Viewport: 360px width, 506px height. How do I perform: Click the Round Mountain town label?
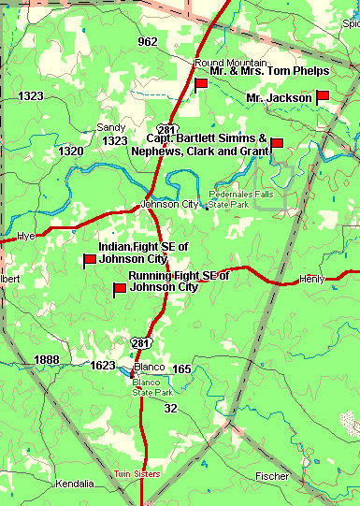click(220, 63)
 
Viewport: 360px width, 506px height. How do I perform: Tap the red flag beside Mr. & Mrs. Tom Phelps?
click(200, 84)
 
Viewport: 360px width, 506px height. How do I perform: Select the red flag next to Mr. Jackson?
click(323, 95)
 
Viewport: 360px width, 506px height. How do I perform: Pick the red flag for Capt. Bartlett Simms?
click(276, 143)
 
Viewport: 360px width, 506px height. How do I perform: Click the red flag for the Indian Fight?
click(90, 260)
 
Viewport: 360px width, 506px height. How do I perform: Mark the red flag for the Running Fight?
click(120, 289)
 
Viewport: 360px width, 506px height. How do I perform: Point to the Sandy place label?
click(111, 127)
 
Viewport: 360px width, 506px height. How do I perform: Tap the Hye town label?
click(26, 236)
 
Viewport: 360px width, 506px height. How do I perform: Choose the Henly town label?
click(310, 279)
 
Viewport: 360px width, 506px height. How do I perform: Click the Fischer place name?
click(273, 476)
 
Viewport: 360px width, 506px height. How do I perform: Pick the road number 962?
click(147, 42)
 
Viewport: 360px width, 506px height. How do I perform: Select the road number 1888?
click(46, 360)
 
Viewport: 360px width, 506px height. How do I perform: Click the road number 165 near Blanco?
click(181, 369)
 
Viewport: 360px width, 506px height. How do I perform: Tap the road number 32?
click(169, 409)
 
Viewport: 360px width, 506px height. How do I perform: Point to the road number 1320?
click(70, 151)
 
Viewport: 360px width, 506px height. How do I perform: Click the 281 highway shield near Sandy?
click(166, 129)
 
